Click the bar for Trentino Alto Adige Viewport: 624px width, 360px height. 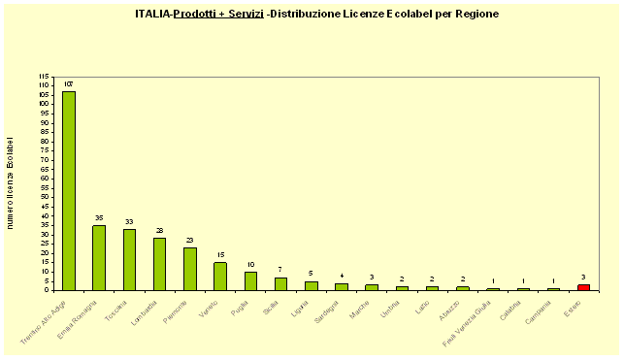coord(69,190)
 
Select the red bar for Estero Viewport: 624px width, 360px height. coord(583,286)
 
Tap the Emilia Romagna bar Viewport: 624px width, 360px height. coord(99,257)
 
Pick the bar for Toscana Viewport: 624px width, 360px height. coord(129,259)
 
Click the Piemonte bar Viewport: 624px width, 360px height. coord(190,268)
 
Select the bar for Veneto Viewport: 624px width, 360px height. coord(220,276)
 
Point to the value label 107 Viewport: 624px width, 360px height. coord(69,84)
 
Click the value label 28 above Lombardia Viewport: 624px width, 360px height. coord(159,231)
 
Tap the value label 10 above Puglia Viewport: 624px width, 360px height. coord(250,265)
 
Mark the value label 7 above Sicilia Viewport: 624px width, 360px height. coord(280,271)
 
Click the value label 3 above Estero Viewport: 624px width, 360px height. coord(583,278)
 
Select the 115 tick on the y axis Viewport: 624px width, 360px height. coord(44,76)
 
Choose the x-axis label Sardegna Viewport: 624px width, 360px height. coord(328,311)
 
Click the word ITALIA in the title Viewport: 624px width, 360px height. coord(152,15)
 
